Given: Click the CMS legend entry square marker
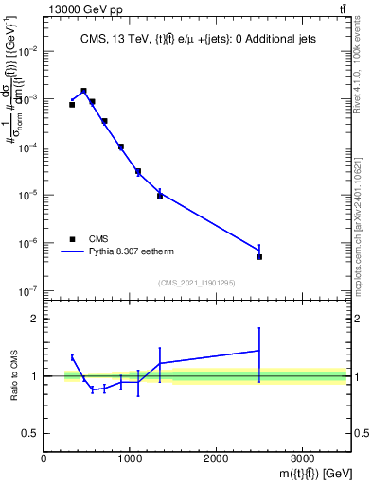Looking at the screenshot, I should pyautogui.click(x=71, y=239).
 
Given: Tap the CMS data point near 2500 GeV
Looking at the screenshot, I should pyautogui.click(x=259, y=256).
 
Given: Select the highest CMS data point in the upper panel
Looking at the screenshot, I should pyautogui.click(x=84, y=91).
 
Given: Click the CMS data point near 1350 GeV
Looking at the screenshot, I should pyautogui.click(x=160, y=195).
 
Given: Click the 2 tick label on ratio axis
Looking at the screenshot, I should pyautogui.click(x=34, y=319).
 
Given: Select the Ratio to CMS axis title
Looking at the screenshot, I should pyautogui.click(x=12, y=375).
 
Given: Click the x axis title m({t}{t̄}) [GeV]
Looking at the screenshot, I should pyautogui.click(x=302, y=472).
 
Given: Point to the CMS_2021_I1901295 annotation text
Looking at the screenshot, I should pyautogui.click(x=196, y=283).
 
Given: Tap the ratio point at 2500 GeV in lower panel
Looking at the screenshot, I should pyautogui.click(x=259, y=351).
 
